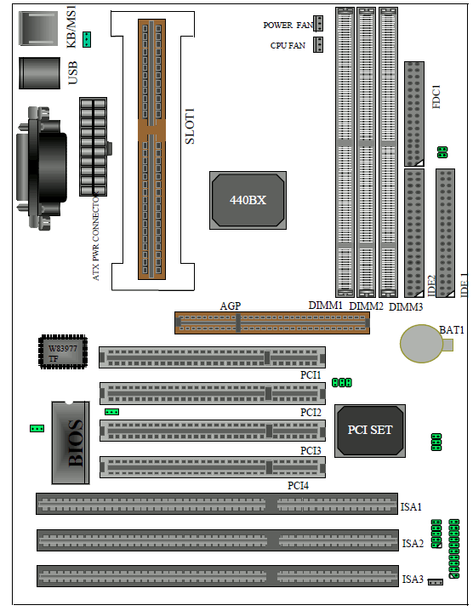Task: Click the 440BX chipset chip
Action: click(x=248, y=200)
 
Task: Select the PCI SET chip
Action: click(x=370, y=431)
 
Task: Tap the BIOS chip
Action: click(x=71, y=443)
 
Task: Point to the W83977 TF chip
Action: click(x=63, y=351)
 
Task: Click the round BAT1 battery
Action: click(x=422, y=344)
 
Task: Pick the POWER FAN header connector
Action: click(x=319, y=23)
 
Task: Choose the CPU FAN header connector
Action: click(x=319, y=44)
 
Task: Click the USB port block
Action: click(x=39, y=73)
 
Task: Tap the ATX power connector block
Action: click(x=93, y=147)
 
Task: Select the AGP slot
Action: click(x=272, y=323)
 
